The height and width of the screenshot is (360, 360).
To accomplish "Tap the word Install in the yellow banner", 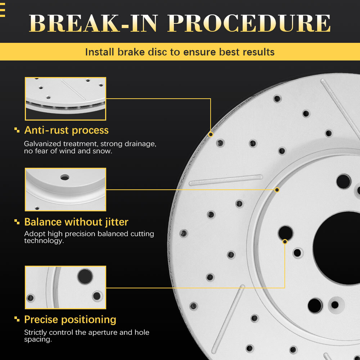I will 100,52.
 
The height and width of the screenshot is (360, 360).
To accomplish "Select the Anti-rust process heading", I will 66,130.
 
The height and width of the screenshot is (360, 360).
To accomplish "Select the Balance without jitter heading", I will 76,221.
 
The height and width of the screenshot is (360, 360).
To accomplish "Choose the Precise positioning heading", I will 70,319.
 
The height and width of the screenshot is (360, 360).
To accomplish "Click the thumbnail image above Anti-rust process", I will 65,99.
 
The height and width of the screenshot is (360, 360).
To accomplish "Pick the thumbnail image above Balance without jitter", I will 65,189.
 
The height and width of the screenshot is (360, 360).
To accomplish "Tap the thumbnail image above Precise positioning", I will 65,287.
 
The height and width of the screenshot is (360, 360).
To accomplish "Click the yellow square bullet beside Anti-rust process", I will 17,130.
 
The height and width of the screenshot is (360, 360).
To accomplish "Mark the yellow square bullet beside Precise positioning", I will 17,320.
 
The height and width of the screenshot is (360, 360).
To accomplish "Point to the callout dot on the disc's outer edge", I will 211,134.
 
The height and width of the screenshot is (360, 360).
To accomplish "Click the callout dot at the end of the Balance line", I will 277,189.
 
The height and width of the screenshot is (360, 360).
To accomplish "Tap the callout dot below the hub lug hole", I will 285,241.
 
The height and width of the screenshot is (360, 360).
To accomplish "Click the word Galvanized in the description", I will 43,144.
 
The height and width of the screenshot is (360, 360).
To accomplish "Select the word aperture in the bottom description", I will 104,332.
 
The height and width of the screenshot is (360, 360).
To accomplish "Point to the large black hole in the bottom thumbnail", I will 85,276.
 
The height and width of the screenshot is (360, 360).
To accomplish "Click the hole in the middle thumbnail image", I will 65,177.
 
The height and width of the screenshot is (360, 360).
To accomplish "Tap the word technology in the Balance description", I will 43,241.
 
